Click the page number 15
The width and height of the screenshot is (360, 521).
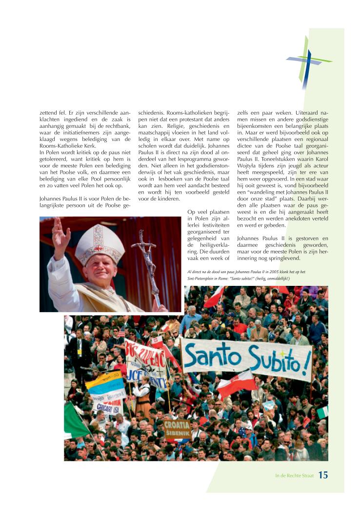[323, 475]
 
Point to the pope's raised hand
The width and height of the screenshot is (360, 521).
[61, 233]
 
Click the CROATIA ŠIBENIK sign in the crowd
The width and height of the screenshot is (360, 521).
[177, 428]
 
